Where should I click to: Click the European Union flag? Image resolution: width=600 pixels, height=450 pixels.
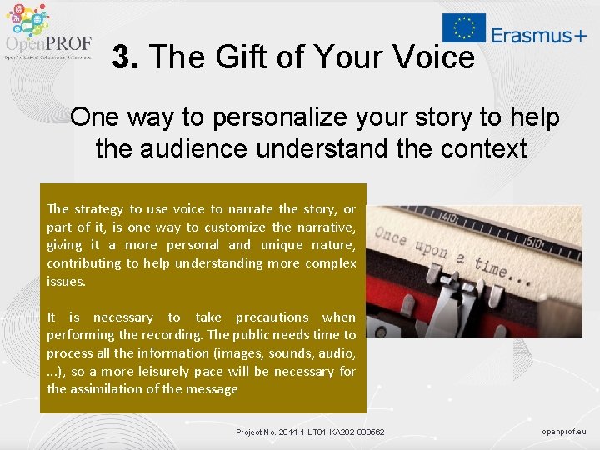click(x=463, y=27)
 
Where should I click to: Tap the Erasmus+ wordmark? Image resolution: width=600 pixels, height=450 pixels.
click(x=538, y=34)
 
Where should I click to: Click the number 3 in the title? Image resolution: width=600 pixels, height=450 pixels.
click(x=122, y=57)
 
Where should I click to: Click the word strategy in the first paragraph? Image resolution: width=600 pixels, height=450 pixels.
click(x=98, y=209)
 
